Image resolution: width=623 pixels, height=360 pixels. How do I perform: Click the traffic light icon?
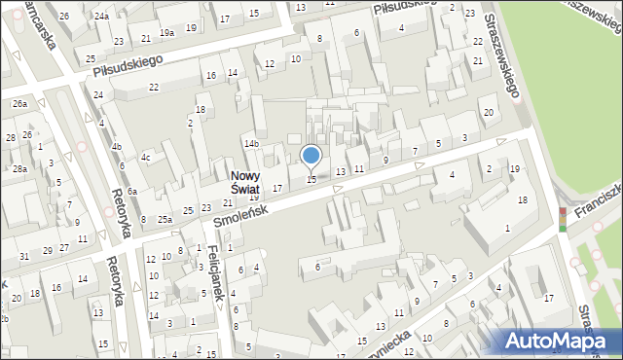point(562,219)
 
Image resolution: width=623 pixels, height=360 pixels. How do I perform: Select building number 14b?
point(252,144)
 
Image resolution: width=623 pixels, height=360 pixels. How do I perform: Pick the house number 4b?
point(117,147)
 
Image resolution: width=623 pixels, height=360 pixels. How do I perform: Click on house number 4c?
point(146,157)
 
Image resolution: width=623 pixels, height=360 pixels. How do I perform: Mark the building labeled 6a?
point(131,192)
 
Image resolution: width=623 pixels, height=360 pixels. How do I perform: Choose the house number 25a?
point(165,219)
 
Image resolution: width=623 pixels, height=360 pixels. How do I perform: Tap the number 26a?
point(18,103)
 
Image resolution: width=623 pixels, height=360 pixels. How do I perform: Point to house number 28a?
point(19,168)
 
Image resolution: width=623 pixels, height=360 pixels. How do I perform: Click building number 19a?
point(167,32)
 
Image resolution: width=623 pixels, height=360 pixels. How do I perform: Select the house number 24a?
point(101,17)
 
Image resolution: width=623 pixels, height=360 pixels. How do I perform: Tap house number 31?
point(23,256)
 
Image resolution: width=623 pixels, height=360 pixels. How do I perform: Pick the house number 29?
point(46,251)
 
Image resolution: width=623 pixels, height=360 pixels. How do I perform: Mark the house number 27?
point(64,247)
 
